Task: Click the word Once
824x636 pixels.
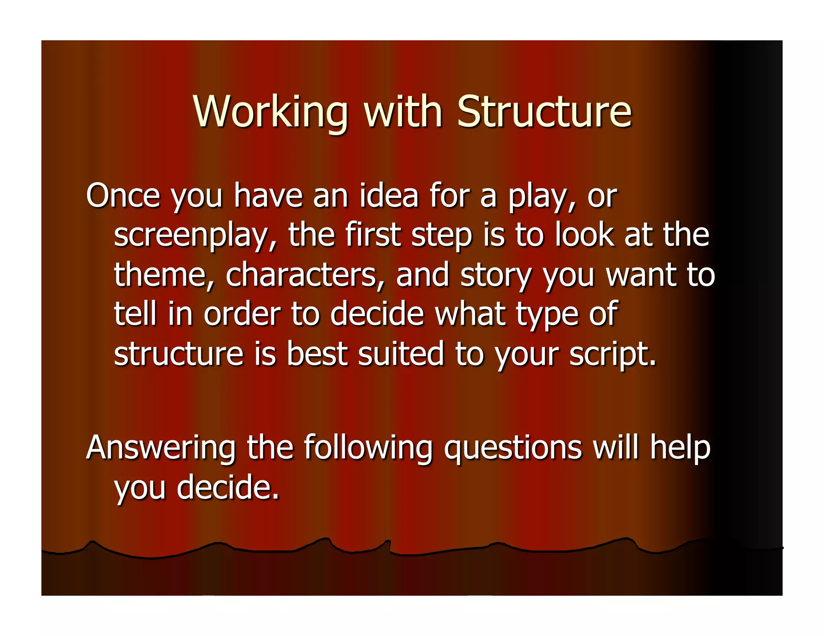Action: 123,196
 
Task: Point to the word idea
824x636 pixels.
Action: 389,196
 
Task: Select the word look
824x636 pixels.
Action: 585,235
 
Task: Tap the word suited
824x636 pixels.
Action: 401,354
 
